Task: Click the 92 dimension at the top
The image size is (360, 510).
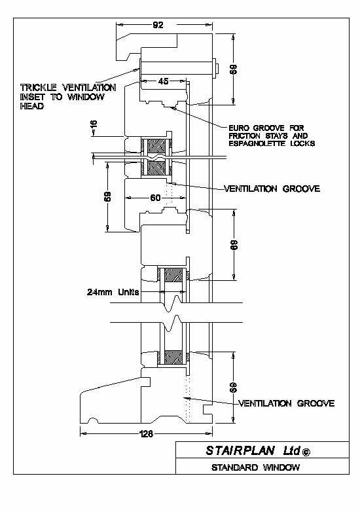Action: click(158, 25)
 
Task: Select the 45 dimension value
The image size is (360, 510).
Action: click(163, 81)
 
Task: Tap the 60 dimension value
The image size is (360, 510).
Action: click(155, 198)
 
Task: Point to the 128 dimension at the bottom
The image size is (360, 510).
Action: click(146, 433)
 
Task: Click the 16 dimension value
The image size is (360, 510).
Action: click(94, 124)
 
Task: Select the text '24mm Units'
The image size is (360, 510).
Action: click(113, 292)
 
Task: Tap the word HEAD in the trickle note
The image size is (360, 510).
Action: click(32, 106)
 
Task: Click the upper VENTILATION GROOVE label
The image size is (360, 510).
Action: click(272, 189)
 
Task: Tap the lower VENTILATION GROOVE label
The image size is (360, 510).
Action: click(287, 403)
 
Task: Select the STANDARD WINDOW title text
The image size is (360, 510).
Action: click(256, 467)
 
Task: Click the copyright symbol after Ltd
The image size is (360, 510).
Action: click(306, 452)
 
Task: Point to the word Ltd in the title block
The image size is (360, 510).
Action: click(291, 450)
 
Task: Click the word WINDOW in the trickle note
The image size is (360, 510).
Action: click(86, 97)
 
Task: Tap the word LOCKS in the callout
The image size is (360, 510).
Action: click(302, 143)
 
